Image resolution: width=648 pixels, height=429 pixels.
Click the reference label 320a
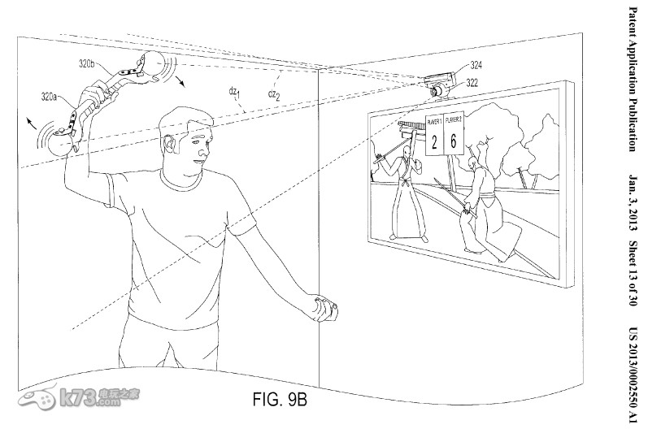(50, 96)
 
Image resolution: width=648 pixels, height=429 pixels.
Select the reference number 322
(472, 81)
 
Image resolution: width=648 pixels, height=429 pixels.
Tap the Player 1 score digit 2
(435, 142)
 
